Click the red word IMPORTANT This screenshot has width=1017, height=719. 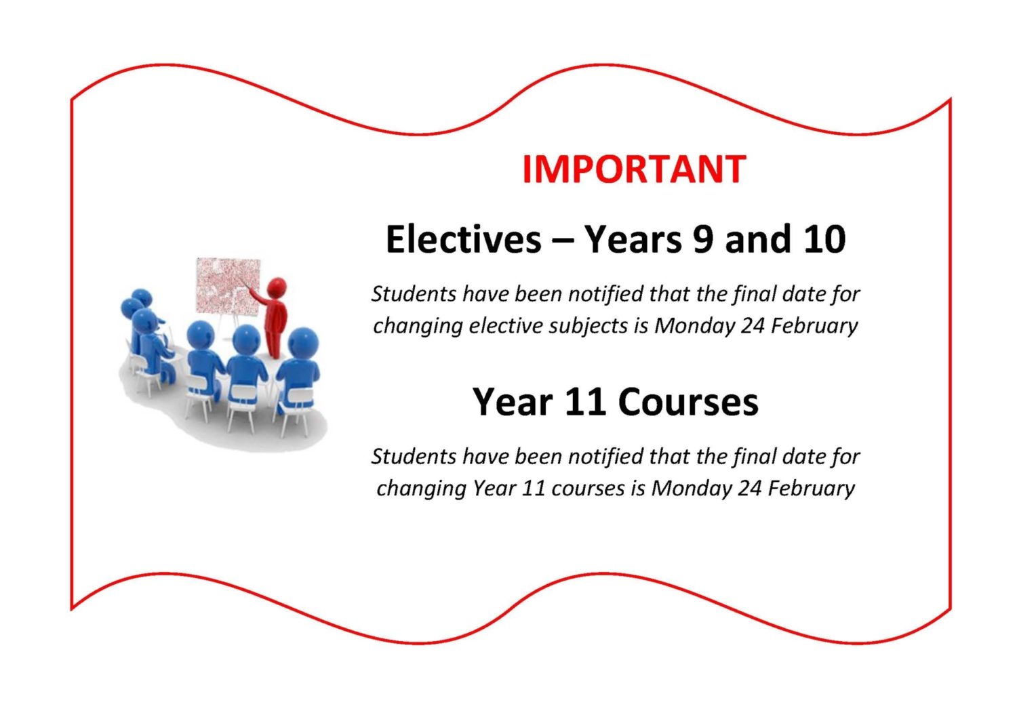click(x=633, y=169)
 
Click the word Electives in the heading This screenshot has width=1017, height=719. click(x=464, y=239)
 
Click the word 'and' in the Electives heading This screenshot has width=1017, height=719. click(x=758, y=239)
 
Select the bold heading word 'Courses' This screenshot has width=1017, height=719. click(x=687, y=402)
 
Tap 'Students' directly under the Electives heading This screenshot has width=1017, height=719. click(x=414, y=294)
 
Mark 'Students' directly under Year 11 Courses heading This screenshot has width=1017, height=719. click(x=414, y=457)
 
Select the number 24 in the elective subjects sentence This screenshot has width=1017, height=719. click(x=753, y=326)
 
